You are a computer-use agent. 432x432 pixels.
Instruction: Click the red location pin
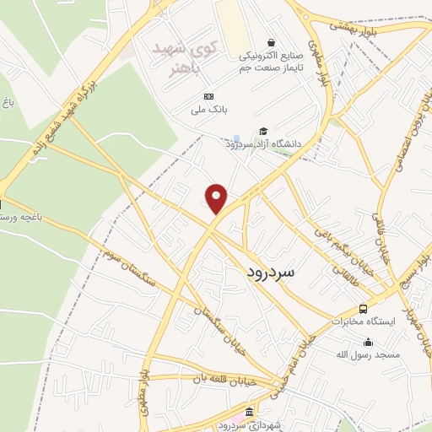click(217, 197)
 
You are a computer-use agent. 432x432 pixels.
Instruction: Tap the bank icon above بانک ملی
click(209, 96)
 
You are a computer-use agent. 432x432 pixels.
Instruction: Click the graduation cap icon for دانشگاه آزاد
click(264, 131)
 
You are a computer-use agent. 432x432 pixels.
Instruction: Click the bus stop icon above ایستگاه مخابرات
click(363, 309)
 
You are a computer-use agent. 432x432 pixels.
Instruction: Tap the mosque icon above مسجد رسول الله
click(368, 343)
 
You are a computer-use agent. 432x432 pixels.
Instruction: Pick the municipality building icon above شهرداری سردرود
click(248, 412)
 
